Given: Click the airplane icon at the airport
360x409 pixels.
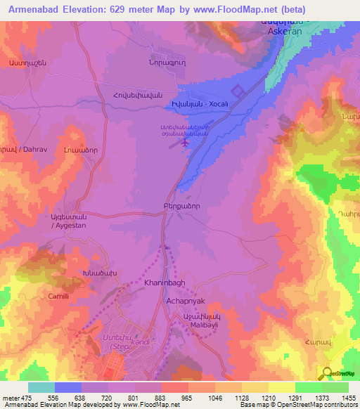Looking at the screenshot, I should click(186, 143).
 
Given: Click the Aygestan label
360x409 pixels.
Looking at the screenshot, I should click(69, 223).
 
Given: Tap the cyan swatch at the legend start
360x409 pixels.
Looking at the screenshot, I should click(41, 387).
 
